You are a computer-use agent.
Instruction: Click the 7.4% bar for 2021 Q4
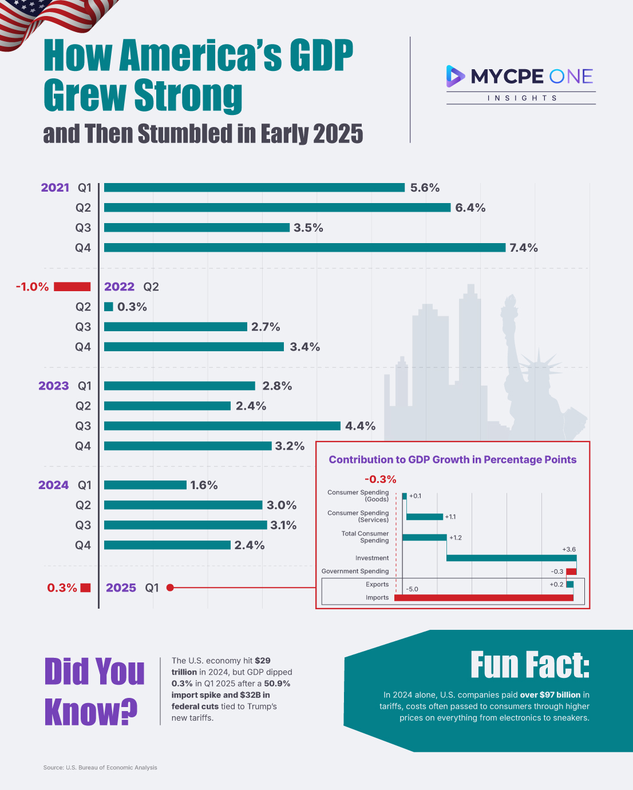point(304,248)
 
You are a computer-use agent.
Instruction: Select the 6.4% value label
point(470,208)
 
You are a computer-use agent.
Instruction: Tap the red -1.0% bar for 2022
point(72,287)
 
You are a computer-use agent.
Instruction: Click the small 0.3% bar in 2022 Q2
point(109,307)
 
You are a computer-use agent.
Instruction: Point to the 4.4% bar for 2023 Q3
point(222,426)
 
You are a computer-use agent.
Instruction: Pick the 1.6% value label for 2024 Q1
point(204,485)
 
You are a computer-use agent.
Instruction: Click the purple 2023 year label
point(53,386)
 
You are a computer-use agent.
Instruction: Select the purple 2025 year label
point(121,588)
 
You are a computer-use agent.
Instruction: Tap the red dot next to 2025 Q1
point(170,587)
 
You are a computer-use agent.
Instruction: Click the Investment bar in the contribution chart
point(511,558)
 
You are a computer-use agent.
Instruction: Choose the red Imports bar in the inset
point(484,598)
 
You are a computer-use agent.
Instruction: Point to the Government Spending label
point(355,571)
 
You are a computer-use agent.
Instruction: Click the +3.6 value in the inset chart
point(569,549)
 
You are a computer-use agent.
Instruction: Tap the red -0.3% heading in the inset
point(381,479)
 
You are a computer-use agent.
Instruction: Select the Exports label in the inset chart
point(377,584)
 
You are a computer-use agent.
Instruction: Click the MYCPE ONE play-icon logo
point(455,76)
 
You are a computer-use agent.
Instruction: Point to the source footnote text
point(100,768)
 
